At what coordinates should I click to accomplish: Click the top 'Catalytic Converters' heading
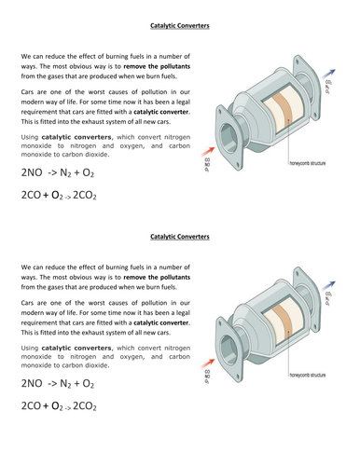click(179, 26)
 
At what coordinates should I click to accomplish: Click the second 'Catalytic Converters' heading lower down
click(179, 237)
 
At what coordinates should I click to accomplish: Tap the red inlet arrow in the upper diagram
click(220, 148)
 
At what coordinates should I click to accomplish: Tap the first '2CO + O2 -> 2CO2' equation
click(58, 197)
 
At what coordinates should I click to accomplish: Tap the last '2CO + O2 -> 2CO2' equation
click(58, 407)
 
